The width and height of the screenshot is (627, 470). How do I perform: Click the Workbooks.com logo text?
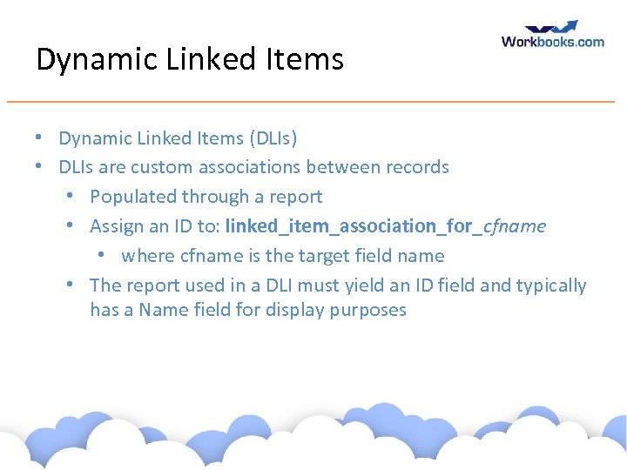(552, 41)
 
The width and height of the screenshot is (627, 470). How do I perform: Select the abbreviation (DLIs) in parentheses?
(273, 138)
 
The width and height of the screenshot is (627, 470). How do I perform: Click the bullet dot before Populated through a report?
(72, 197)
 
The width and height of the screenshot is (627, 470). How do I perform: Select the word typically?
(552, 285)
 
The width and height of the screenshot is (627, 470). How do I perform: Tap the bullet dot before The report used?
(72, 285)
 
